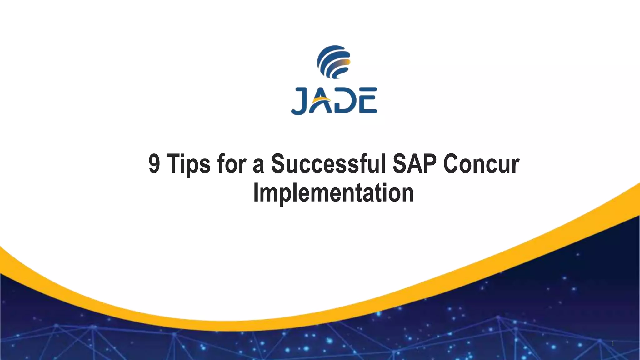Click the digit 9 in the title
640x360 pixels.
coord(154,164)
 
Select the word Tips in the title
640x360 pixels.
coord(188,164)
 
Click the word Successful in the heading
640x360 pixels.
coord(328,164)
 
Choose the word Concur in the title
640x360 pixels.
coord(481,164)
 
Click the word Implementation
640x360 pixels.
coord(333,193)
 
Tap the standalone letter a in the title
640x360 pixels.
coord(258,166)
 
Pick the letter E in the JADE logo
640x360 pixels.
coord(367,101)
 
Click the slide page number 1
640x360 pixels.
coord(612,344)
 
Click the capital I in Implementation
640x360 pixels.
coord(256,193)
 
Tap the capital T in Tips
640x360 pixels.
coord(174,164)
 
